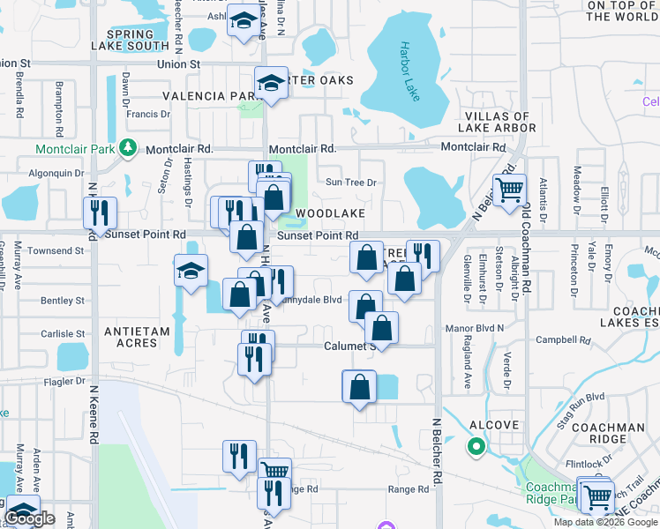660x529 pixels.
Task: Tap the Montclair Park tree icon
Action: pos(129,147)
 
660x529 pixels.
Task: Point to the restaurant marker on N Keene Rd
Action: pos(99,212)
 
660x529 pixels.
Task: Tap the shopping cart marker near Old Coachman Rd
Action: pos(509,190)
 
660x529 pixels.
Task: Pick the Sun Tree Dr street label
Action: pos(351,183)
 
